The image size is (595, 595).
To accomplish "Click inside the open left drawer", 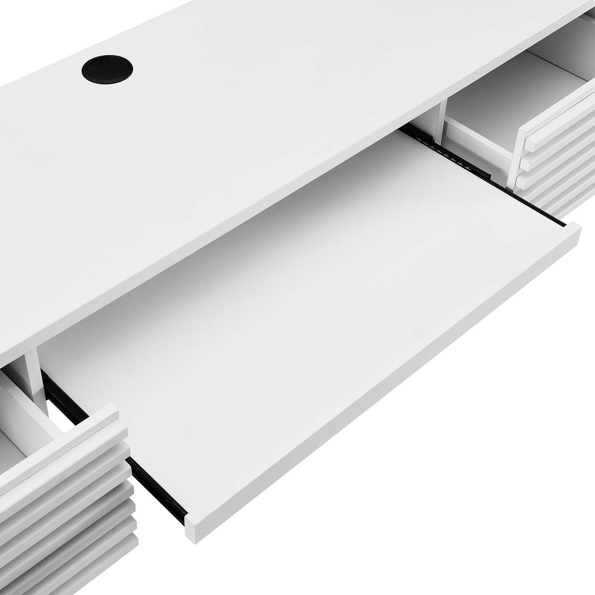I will click(x=21, y=424).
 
